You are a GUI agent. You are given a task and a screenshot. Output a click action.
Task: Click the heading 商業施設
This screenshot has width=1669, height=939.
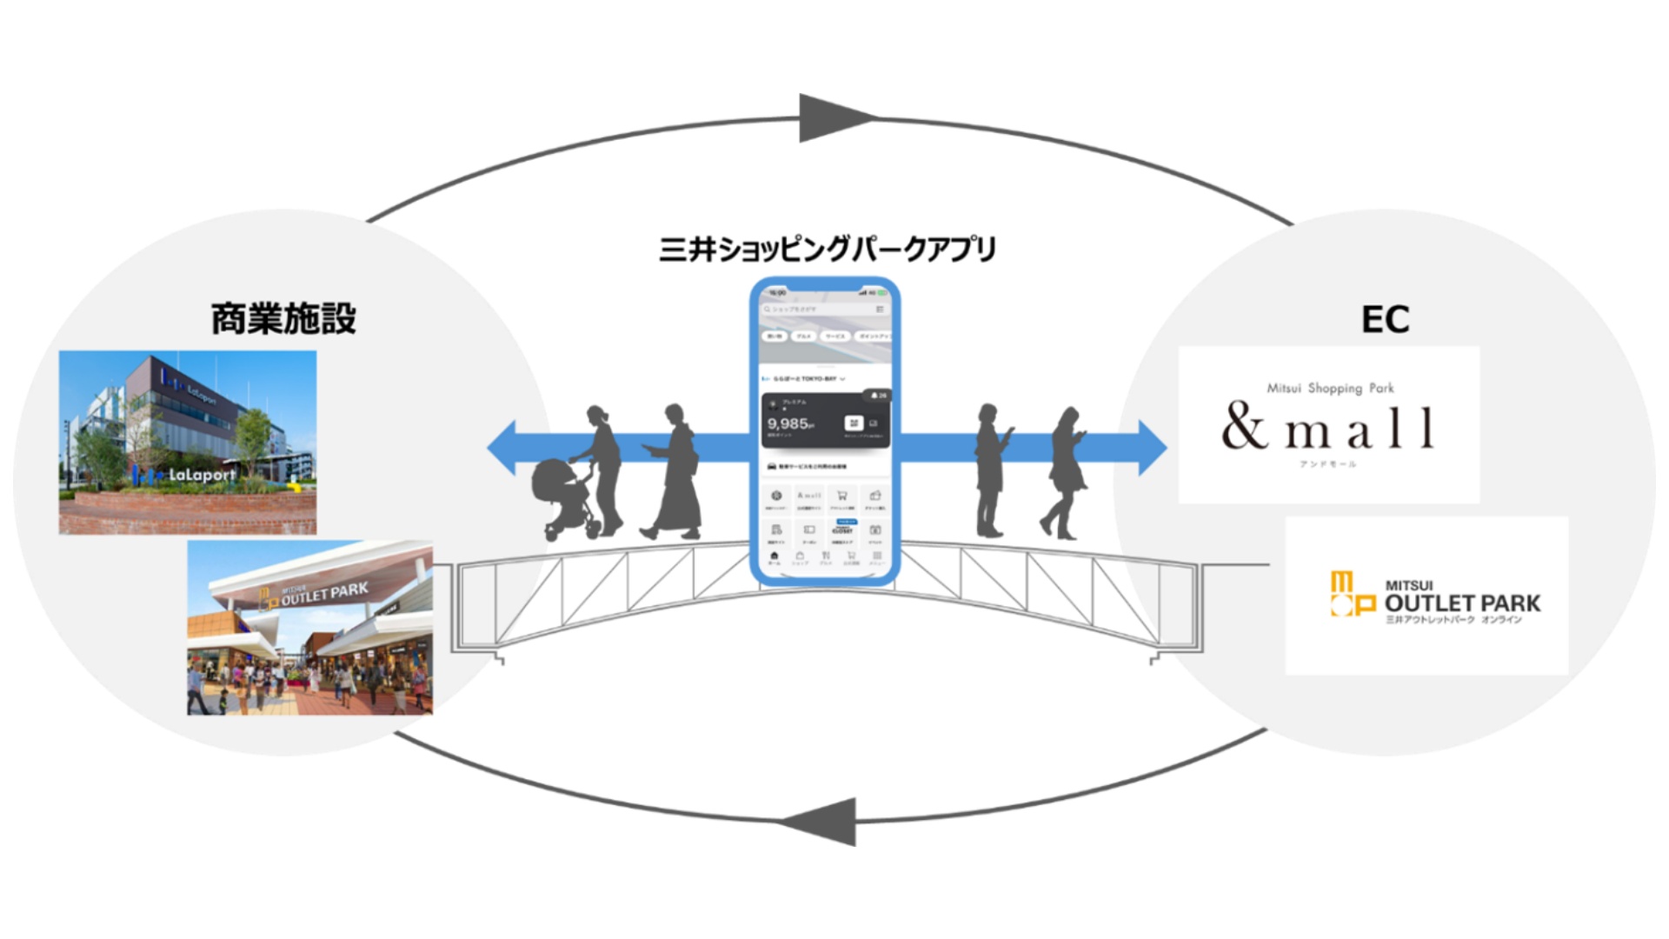[283, 319]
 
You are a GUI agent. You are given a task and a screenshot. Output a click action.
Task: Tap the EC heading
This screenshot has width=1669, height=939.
[1385, 319]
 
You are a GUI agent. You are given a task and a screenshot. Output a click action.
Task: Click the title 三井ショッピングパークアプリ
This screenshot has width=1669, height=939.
[827, 250]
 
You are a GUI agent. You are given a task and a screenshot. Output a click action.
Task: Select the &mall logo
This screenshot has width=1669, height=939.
[1327, 426]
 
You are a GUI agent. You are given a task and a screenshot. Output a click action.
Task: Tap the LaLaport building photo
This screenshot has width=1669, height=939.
[188, 442]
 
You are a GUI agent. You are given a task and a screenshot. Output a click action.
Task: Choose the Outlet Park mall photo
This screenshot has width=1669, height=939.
[309, 628]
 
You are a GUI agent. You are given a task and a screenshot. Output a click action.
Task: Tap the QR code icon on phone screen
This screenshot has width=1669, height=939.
[854, 423]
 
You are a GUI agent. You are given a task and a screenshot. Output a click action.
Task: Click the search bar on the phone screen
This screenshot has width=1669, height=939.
[817, 309]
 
